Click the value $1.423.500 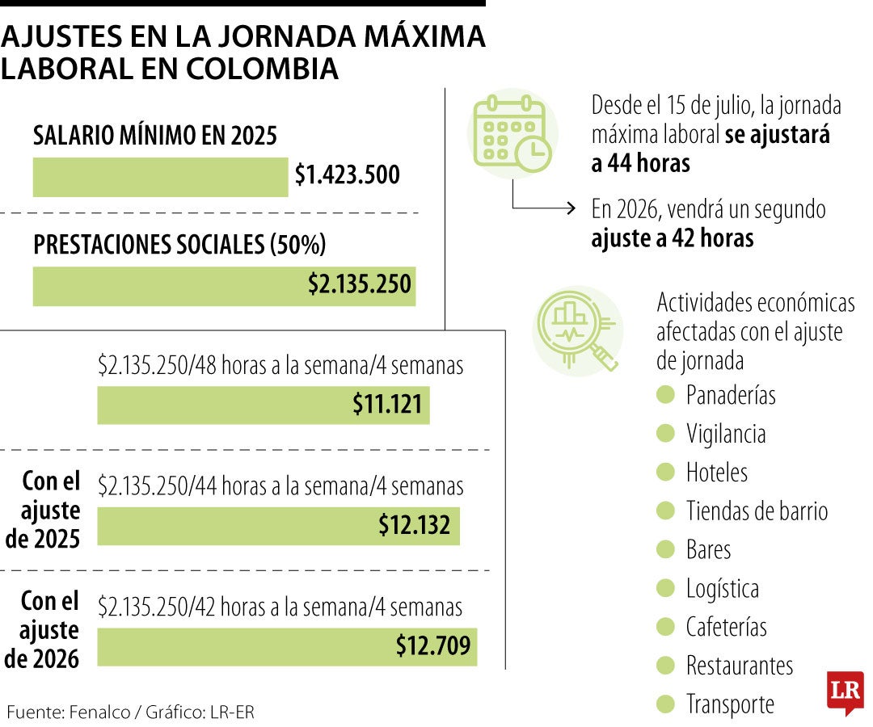click(x=347, y=175)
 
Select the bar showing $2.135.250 click(x=224, y=286)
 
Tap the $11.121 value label click(x=387, y=404)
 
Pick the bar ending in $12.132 click(x=278, y=526)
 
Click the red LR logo click(x=845, y=692)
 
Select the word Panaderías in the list click(x=731, y=395)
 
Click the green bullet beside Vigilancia click(x=665, y=434)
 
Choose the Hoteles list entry click(x=717, y=472)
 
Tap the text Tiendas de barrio click(x=757, y=511)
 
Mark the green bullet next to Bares click(x=665, y=549)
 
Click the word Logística click(x=723, y=588)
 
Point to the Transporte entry click(x=730, y=704)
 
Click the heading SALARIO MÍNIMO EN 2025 click(x=155, y=137)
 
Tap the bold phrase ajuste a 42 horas click(x=673, y=239)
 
